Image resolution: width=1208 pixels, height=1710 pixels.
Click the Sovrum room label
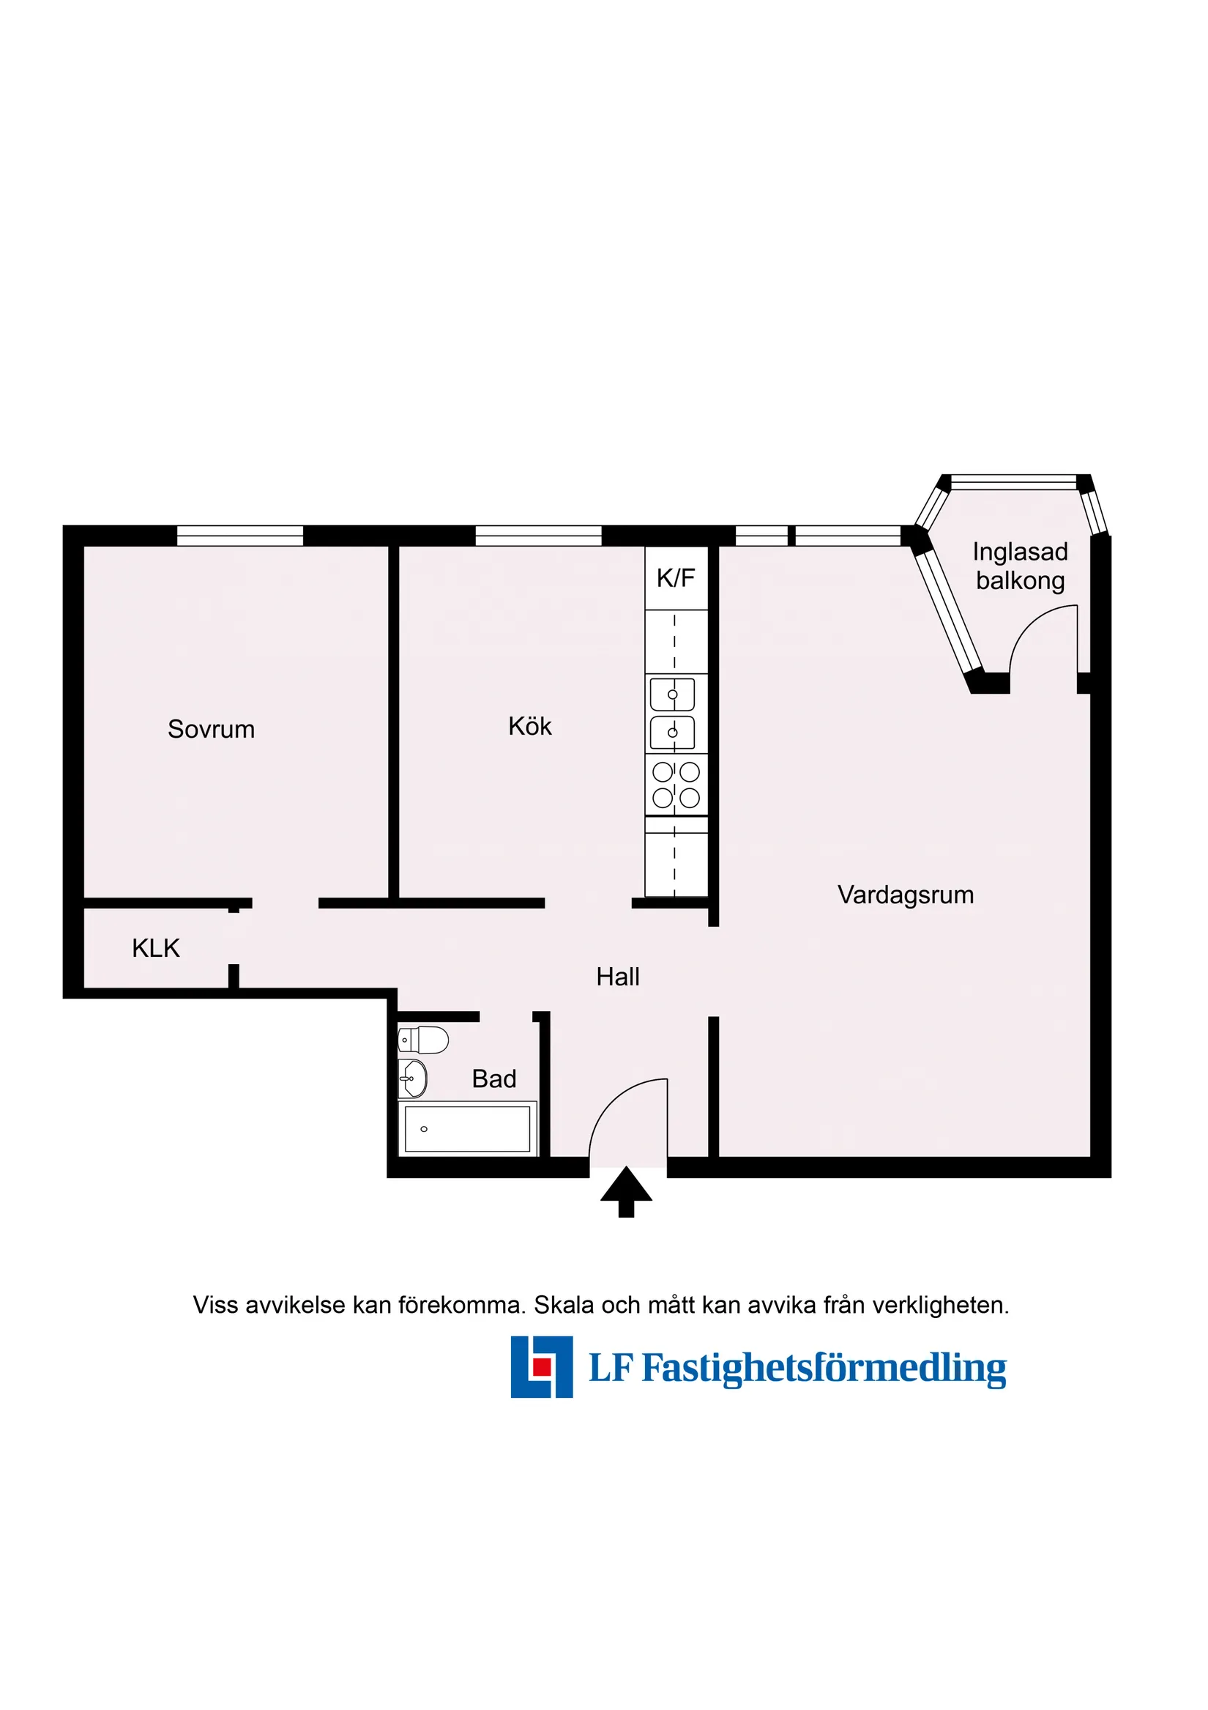pos(211,729)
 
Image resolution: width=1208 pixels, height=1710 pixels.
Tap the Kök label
pos(530,726)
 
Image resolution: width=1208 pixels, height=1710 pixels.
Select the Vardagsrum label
pos(905,895)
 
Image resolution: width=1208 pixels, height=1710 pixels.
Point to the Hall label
pos(618,977)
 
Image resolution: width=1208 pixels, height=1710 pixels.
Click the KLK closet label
pos(155,948)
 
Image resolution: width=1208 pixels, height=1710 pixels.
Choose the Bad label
pos(493,1078)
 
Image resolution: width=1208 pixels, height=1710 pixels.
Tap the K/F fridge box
pos(676,578)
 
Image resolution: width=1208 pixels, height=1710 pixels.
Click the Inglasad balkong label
pos(1020,566)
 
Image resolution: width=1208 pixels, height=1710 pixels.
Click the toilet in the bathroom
pos(423,1040)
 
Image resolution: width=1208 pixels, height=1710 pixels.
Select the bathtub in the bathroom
pos(467,1128)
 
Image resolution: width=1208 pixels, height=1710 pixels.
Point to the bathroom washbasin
pos(412,1078)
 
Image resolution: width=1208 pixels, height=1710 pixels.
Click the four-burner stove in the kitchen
pos(676,785)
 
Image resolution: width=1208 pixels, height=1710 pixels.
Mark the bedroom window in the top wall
pos(239,536)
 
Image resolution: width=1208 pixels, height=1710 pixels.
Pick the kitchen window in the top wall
pos(538,536)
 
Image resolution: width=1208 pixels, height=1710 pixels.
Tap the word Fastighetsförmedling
pos(824,1368)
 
